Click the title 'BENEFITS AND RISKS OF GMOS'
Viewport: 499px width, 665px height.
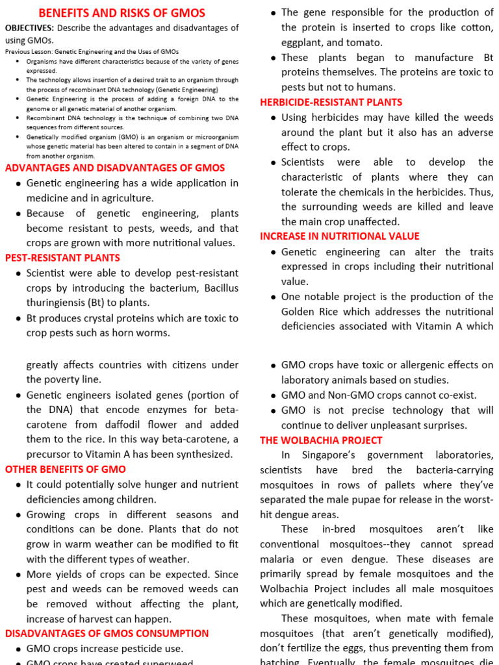click(x=122, y=13)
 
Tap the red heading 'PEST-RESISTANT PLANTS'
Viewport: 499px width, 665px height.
click(x=62, y=258)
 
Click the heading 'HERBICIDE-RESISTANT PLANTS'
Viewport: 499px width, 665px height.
click(x=331, y=102)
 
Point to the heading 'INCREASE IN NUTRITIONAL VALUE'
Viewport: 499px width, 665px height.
click(x=340, y=236)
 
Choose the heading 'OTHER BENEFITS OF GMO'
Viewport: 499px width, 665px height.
click(x=66, y=469)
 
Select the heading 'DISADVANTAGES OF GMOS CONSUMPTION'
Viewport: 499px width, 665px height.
click(x=107, y=633)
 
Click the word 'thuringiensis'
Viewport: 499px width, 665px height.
click(x=57, y=303)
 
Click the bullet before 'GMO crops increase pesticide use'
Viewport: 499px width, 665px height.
click(x=18, y=649)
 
